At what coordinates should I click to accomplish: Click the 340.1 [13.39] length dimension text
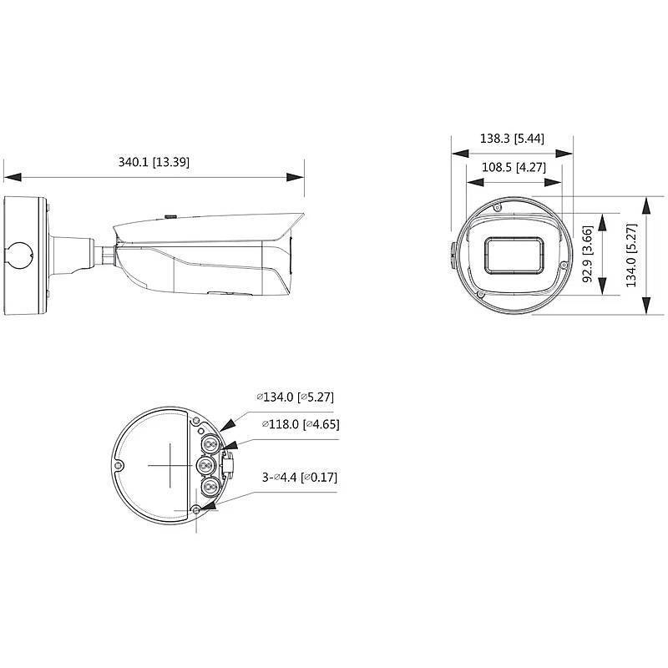[154, 162]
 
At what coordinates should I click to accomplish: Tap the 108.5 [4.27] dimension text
[513, 166]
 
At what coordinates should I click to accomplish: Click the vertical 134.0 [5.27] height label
[632, 255]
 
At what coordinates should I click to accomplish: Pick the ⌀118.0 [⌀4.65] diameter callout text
[300, 424]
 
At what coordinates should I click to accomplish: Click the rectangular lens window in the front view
[513, 255]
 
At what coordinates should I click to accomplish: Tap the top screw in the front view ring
[497, 206]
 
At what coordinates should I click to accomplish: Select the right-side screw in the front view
[564, 266]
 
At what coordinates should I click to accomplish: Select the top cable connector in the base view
[206, 440]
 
